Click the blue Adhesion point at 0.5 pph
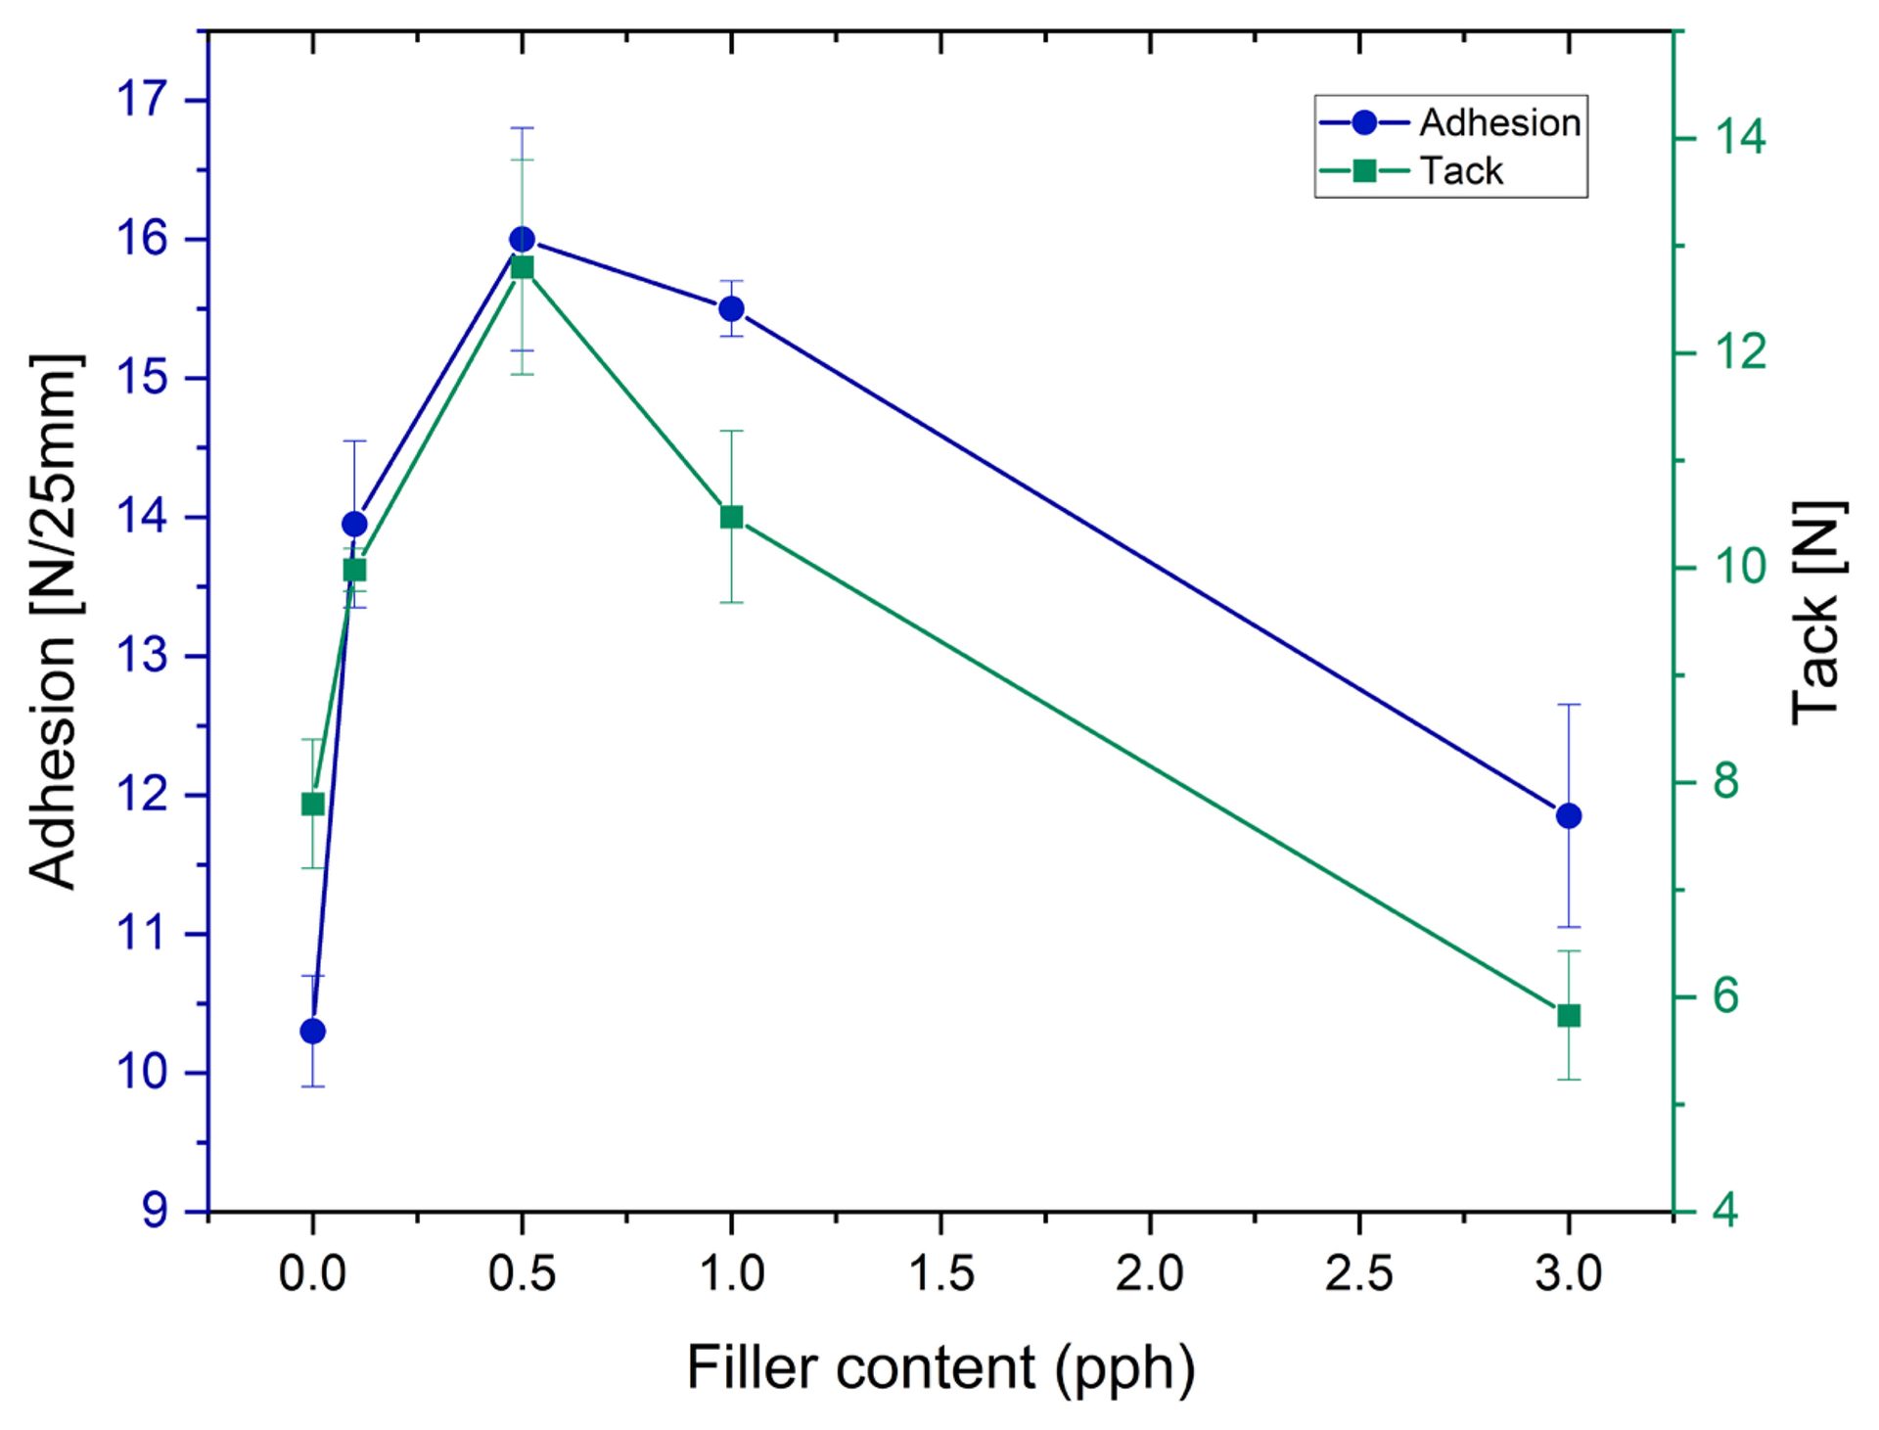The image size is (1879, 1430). point(522,240)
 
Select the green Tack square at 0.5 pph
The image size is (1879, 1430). point(523,268)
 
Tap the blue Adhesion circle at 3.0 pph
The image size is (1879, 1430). point(1569,815)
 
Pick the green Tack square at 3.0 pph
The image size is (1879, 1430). point(1569,1016)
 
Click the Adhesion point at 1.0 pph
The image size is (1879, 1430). point(731,309)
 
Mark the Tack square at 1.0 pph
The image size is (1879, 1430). point(731,517)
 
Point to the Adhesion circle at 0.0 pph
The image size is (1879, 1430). point(313,1031)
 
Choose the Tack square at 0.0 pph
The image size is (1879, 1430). point(313,805)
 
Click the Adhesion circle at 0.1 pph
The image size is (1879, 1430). point(355,525)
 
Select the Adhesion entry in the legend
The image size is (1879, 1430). point(1498,123)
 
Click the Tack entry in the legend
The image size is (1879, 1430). point(1460,171)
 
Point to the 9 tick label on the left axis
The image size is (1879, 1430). point(156,1212)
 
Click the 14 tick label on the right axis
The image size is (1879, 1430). point(1740,138)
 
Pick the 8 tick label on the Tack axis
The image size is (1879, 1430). point(1726,782)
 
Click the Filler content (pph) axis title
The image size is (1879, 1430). point(940,1367)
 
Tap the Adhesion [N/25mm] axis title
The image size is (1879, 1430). point(54,622)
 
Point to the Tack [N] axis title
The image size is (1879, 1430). point(1818,614)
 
